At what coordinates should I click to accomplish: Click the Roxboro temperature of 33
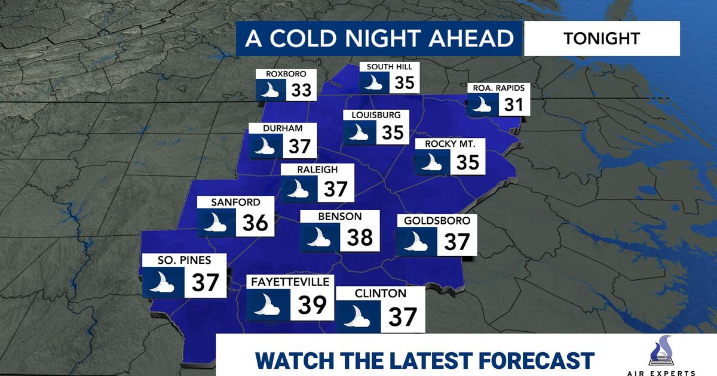coord(302,91)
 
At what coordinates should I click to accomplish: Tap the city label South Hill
coord(390,66)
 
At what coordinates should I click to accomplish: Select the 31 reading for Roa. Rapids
coord(512,105)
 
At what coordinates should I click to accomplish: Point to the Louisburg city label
coord(372,115)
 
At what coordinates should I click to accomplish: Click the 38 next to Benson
coord(360,236)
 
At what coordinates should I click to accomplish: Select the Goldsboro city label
coord(437,221)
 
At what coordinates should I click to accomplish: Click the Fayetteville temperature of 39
coord(312,304)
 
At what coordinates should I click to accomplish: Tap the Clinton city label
coord(379,293)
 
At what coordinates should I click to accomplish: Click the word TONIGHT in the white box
coord(601,39)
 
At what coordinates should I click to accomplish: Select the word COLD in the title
coord(315,39)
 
